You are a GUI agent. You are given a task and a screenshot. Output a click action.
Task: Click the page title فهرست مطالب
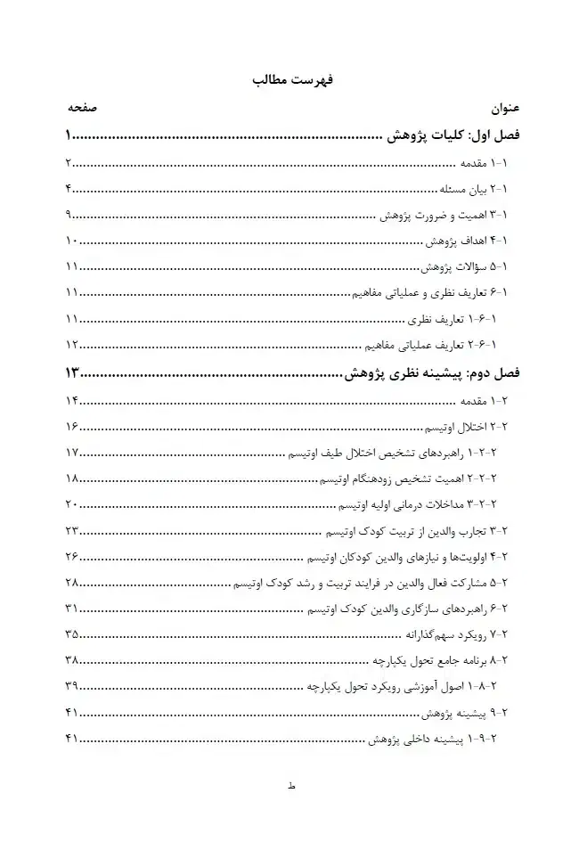point(292,79)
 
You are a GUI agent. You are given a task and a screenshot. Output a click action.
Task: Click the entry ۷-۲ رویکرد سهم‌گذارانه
point(456,634)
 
